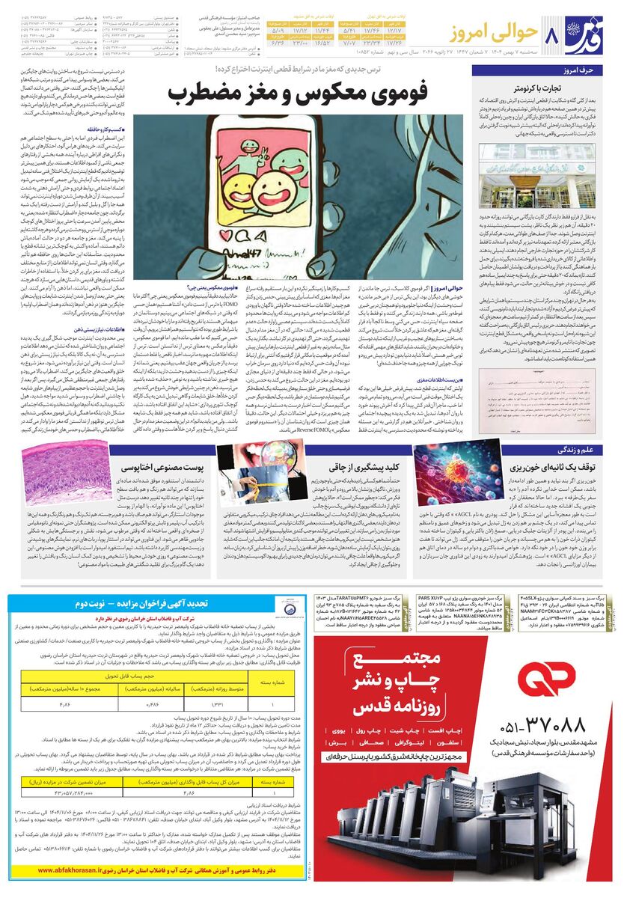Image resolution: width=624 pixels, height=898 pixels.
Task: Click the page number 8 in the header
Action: point(554,34)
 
